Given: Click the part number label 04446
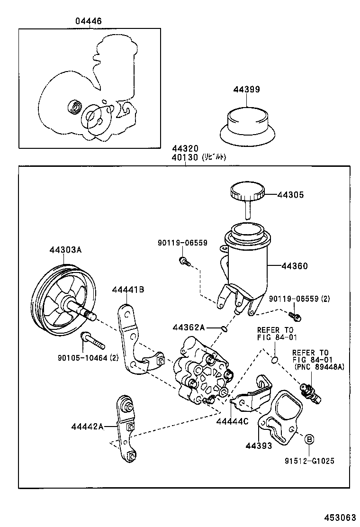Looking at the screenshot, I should pyautogui.click(x=89, y=21).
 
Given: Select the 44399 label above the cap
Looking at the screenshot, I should pyautogui.click(x=246, y=89).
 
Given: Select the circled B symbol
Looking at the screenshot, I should pyautogui.click(x=308, y=439).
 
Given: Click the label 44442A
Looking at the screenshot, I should pyautogui.click(x=87, y=426).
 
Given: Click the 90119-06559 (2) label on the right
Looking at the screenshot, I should pyautogui.click(x=299, y=298).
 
